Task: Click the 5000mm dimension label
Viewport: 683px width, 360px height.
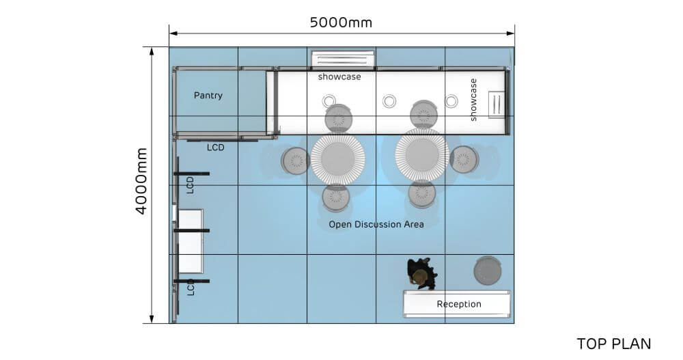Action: click(x=341, y=23)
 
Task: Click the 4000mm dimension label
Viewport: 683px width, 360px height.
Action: click(x=141, y=181)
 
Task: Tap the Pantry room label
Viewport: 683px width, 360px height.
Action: click(x=208, y=95)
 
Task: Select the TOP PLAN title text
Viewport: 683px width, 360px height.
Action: click(x=613, y=343)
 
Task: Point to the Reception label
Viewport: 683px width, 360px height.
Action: click(x=459, y=304)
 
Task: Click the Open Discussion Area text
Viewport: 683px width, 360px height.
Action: click(x=376, y=224)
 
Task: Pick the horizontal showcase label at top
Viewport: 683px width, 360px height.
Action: click(x=339, y=77)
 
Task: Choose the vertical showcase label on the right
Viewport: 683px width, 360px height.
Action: click(x=473, y=100)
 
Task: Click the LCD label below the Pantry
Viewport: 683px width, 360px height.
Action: click(x=215, y=147)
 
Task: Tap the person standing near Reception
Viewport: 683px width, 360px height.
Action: click(x=421, y=272)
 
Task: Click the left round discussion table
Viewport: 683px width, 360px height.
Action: click(x=337, y=158)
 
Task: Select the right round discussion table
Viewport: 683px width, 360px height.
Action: click(x=422, y=155)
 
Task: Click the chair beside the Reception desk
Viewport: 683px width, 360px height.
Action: click(x=487, y=271)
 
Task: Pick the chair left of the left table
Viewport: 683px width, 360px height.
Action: click(x=296, y=161)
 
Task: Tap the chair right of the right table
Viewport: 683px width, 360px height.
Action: click(x=464, y=159)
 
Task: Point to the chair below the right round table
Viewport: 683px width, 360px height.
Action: click(x=422, y=194)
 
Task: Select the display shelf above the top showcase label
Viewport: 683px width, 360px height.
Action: click(x=343, y=59)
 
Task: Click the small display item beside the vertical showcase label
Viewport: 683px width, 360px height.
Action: click(x=497, y=105)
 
